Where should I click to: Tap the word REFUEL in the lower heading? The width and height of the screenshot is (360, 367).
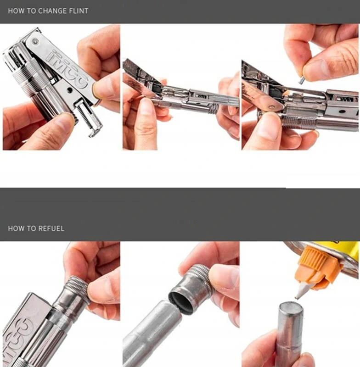click(51, 228)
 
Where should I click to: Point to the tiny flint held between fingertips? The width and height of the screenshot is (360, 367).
click(301, 81)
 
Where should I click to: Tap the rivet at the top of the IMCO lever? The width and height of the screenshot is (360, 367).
click(36, 42)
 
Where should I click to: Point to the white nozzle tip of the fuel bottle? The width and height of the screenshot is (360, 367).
click(301, 291)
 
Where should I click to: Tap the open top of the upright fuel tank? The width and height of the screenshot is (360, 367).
click(291, 307)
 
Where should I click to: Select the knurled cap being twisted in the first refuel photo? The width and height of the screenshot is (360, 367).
click(77, 289)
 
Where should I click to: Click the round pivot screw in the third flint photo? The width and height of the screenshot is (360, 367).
click(272, 107)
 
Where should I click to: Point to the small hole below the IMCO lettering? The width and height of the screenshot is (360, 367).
click(69, 89)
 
